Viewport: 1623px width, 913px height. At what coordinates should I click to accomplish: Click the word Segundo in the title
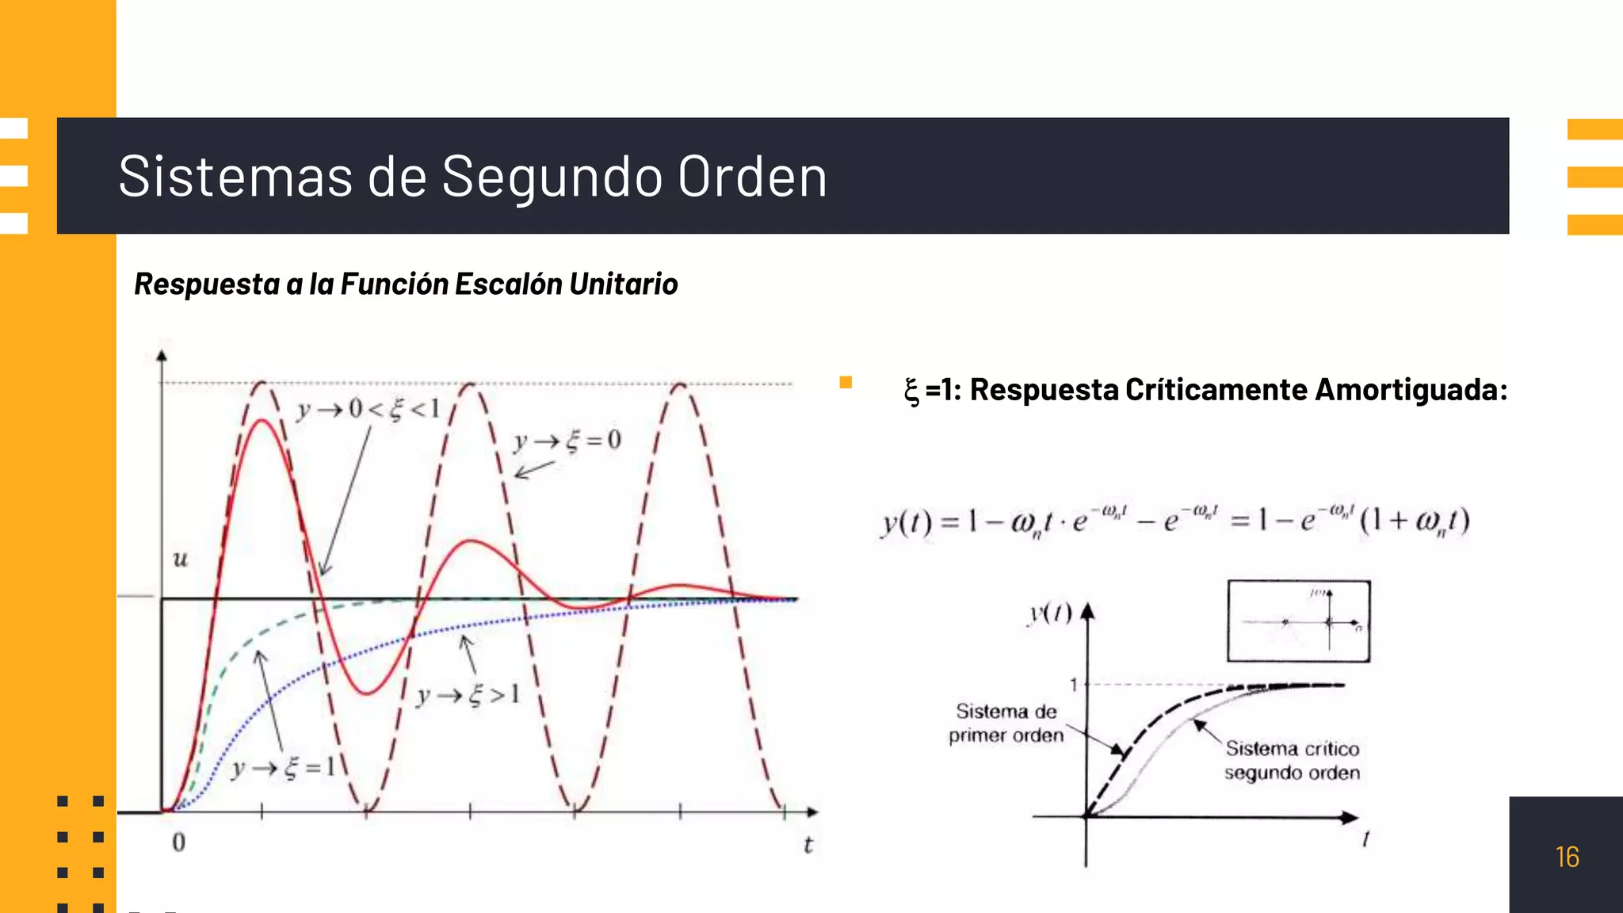[552, 177]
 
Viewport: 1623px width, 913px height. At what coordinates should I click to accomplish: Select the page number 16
[1567, 857]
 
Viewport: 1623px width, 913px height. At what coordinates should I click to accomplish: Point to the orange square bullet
[846, 383]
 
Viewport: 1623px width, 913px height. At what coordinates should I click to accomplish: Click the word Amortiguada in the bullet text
[1407, 390]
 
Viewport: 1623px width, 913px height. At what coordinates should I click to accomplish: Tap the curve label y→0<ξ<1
[368, 409]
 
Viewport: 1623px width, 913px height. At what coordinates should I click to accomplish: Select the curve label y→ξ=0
[567, 441]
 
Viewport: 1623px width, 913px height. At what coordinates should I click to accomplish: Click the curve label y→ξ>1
[468, 696]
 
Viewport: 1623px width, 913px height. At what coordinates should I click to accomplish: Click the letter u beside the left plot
[181, 560]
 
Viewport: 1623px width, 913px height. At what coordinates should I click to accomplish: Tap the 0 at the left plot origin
[179, 842]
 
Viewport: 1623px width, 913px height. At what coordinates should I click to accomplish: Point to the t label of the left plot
[808, 845]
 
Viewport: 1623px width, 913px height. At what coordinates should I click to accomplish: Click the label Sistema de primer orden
[1006, 723]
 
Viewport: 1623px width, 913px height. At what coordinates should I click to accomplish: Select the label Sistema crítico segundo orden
[1292, 760]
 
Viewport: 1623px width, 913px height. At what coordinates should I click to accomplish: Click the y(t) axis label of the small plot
[1050, 613]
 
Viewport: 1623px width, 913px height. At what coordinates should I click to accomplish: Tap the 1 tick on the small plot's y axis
[1074, 684]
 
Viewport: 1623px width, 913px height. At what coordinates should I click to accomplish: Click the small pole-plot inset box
[1298, 621]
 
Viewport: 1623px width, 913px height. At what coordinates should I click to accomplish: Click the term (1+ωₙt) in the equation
[1415, 521]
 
